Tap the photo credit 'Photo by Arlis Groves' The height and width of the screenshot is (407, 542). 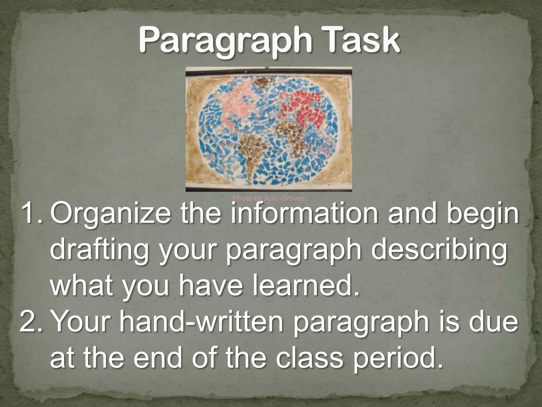269,198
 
